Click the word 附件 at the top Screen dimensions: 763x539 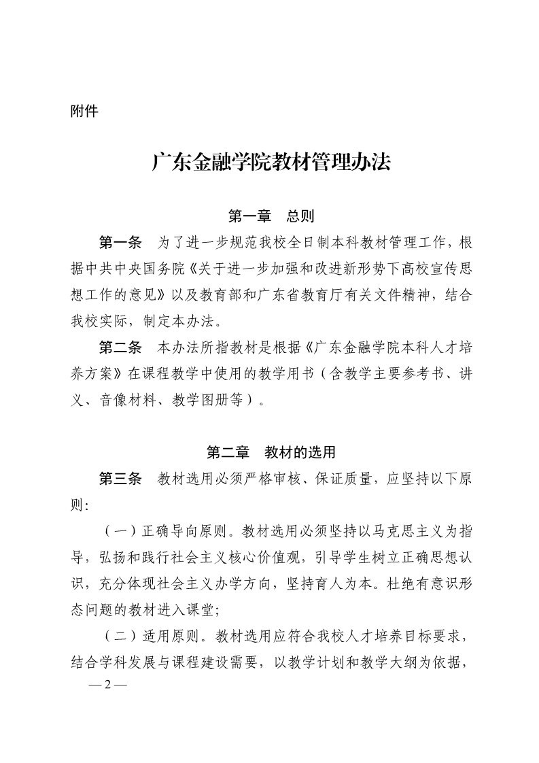[x=84, y=111]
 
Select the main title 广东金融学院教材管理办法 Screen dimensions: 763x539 [x=271, y=163]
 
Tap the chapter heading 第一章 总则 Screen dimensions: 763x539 [x=271, y=217]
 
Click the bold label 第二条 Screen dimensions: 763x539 [x=120, y=348]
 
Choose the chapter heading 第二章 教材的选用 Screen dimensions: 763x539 [x=271, y=452]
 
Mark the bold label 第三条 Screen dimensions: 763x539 [x=120, y=478]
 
